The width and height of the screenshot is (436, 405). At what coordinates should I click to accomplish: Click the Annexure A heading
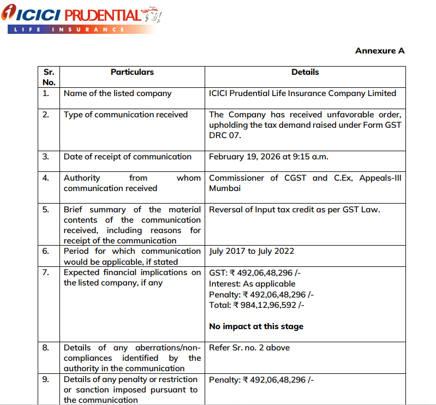[x=380, y=51]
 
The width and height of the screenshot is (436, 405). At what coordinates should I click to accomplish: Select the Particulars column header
[x=132, y=72]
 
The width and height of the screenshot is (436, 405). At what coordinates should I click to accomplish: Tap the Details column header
[x=305, y=72]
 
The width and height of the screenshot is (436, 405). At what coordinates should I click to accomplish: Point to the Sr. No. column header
[x=49, y=77]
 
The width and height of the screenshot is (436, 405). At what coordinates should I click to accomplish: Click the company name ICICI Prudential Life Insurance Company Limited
[x=302, y=93]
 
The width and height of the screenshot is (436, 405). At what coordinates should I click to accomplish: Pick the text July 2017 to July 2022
[x=252, y=252]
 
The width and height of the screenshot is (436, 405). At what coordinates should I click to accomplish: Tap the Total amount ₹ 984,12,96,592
[x=256, y=305]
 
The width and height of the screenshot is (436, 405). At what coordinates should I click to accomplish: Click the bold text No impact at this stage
[x=256, y=326]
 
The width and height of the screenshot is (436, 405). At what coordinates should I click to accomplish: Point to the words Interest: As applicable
[x=252, y=284]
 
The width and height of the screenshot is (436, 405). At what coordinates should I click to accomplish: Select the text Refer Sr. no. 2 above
[x=249, y=348]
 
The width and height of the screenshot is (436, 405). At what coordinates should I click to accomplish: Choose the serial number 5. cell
[x=46, y=210]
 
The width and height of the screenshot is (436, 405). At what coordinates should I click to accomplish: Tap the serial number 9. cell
[x=46, y=379]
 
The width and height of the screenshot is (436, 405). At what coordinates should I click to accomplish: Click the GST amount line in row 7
[x=261, y=273]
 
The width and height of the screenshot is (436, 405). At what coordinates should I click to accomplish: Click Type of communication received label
[x=126, y=115]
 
